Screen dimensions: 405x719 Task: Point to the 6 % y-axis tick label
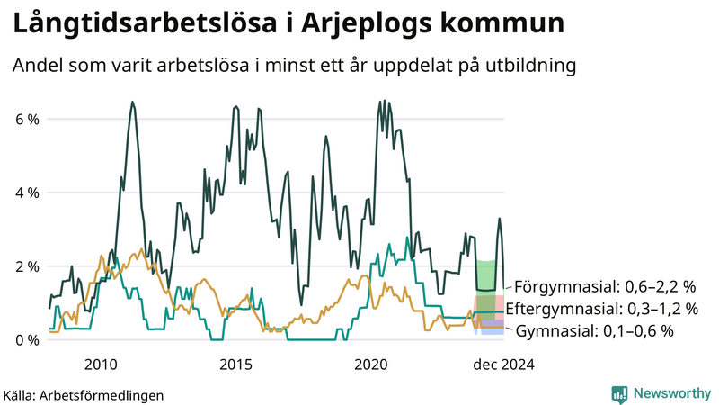click(26, 119)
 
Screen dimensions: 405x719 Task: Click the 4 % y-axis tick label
click(26, 193)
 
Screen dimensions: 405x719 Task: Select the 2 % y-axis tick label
click(26, 266)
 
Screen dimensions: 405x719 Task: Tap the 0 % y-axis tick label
click(26, 340)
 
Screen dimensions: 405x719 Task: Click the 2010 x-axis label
click(100, 364)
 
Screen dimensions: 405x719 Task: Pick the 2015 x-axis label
click(235, 364)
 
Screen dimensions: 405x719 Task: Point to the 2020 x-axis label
click(371, 364)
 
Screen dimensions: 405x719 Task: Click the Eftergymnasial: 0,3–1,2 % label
click(602, 310)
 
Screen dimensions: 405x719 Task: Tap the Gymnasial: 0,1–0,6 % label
click(595, 331)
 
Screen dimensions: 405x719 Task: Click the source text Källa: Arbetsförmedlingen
click(84, 395)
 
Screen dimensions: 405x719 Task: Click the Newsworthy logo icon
click(619, 393)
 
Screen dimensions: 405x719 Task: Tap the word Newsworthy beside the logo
click(671, 393)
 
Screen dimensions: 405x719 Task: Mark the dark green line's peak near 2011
click(133, 103)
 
